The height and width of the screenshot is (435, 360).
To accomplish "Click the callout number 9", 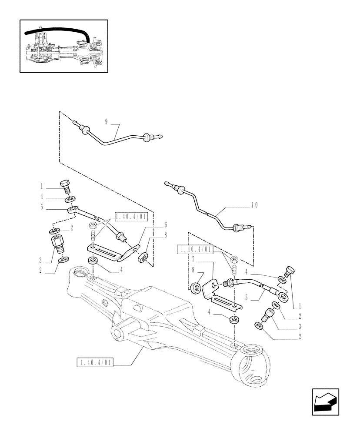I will [106, 121].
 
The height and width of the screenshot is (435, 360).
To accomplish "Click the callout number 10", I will [254, 204].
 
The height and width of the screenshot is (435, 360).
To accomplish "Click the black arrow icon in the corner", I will [325, 402].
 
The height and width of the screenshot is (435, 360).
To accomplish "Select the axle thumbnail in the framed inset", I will [64, 46].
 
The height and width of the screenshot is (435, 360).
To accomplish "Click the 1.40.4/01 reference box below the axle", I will [94, 362].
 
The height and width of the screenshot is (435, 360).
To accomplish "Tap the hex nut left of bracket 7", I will [196, 287].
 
